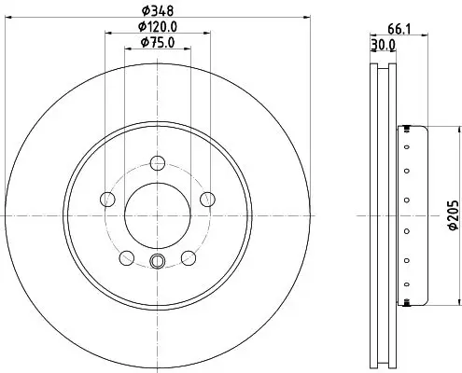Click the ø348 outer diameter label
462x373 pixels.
pyautogui.click(x=158, y=11)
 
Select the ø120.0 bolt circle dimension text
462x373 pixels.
pyautogui.click(x=158, y=27)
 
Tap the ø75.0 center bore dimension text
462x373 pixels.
pyautogui.click(x=158, y=42)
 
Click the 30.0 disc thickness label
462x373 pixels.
pyautogui.click(x=384, y=46)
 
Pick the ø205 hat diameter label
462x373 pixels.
pyautogui.click(x=454, y=215)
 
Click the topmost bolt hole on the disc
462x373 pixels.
pyautogui.click(x=158, y=163)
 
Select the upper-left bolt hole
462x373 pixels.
pyautogui.click(x=107, y=200)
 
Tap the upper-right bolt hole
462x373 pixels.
pyautogui.click(x=207, y=200)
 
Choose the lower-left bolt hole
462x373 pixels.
pyautogui.click(x=127, y=258)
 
